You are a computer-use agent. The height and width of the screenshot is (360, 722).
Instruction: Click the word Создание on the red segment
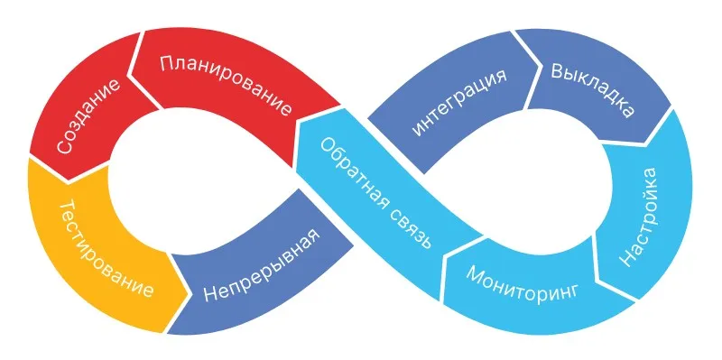point(87,117)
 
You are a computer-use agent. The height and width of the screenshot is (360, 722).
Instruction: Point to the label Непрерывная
point(261,268)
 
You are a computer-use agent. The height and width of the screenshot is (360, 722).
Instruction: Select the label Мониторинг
point(523,283)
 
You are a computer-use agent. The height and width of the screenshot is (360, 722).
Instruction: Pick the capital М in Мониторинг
point(474,272)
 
